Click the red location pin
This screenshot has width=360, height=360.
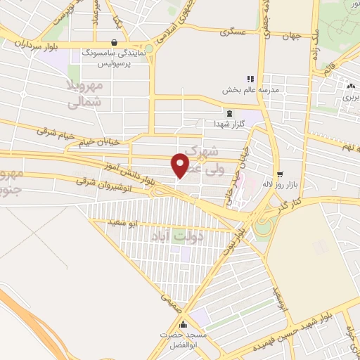(181, 165)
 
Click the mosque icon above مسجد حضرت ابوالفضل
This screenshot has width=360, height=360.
(184, 325)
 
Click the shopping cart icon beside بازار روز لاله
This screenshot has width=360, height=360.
(281, 174)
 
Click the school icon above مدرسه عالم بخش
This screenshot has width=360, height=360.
(248, 79)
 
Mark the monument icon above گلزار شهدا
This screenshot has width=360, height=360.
(229, 112)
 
